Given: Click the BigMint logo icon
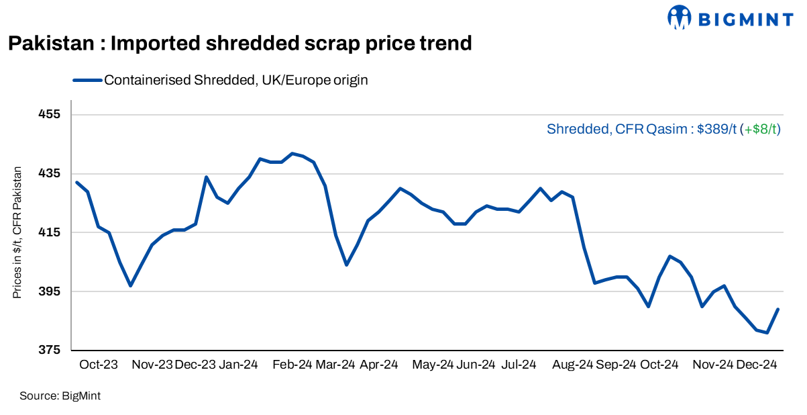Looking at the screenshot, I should tap(680, 18).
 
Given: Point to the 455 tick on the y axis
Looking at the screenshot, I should tap(50, 114).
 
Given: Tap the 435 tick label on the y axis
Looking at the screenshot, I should tap(50, 173).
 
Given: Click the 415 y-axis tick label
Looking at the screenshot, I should tap(50, 232).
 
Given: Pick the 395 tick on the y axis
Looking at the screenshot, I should tap(50, 291).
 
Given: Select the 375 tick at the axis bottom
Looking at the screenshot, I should tap(50, 351).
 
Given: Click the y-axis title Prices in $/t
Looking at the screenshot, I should tap(18, 232).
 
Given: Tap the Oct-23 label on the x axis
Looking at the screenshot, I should tap(99, 365).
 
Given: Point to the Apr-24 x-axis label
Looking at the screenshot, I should tap(379, 365).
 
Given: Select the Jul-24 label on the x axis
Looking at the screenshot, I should tap(519, 365).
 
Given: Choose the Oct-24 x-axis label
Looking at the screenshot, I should tap(659, 365).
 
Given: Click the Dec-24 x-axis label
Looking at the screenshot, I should tap(757, 365).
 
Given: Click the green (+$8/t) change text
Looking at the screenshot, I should tap(760, 129).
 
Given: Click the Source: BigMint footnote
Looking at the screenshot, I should tap(60, 396).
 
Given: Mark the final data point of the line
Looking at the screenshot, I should tap(777, 310).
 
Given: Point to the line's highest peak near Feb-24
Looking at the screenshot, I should tap(292, 153).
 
